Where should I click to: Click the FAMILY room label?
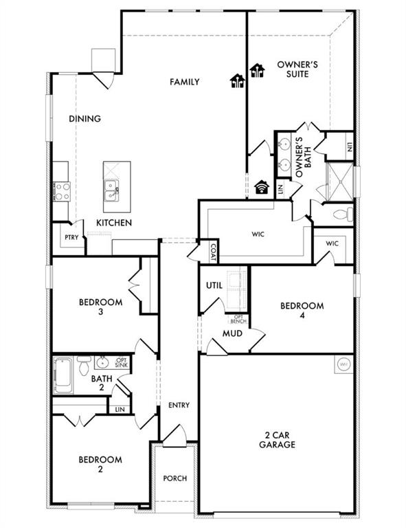[x=185, y=82]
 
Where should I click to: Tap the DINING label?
[x=85, y=119]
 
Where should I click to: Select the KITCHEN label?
[x=114, y=223]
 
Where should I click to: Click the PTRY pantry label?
[x=71, y=238]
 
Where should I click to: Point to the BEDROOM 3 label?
[x=100, y=307]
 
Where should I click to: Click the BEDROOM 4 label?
[x=302, y=311]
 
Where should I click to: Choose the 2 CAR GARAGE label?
[x=278, y=440]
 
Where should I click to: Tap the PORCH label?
[x=175, y=478]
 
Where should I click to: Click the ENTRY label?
[x=179, y=406]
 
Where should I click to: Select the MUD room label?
[x=231, y=334]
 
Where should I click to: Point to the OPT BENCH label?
[x=238, y=318]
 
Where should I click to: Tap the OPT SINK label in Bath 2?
[x=122, y=362]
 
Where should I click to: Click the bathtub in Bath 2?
[x=64, y=375]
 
